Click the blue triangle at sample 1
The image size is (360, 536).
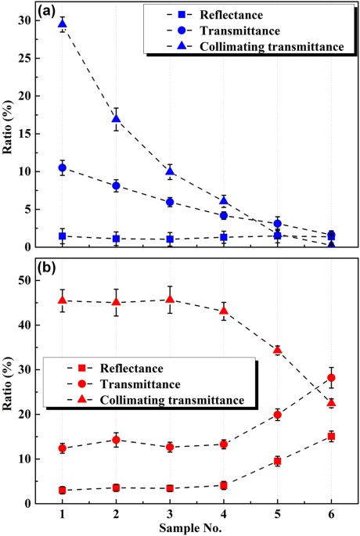click(x=63, y=23)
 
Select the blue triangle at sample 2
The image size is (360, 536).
click(x=117, y=119)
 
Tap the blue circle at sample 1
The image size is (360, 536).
click(x=63, y=167)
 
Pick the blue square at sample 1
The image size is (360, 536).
click(x=63, y=236)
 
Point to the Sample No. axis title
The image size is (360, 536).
click(x=196, y=528)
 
